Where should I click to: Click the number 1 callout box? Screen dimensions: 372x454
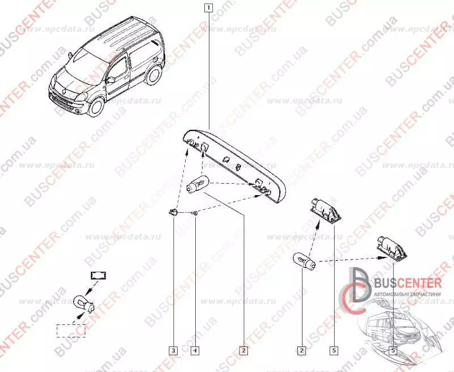[210, 8]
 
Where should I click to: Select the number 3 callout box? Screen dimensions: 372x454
[174, 350]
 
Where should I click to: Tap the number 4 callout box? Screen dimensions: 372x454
[195, 350]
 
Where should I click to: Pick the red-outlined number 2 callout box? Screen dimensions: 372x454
[243, 350]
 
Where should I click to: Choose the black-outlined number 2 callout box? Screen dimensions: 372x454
[301, 350]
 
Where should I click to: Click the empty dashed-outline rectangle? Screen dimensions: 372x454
[71, 329]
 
